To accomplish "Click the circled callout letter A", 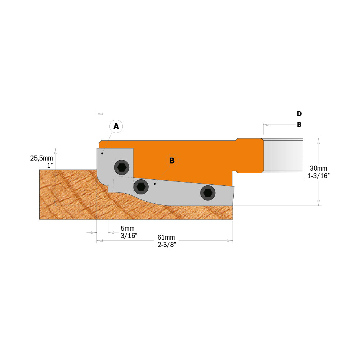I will [x=116, y=126].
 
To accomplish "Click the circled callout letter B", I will [x=172, y=161].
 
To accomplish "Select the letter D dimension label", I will [x=299, y=114].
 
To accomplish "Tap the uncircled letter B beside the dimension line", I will [x=299, y=125].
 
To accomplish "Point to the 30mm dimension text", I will [x=318, y=168].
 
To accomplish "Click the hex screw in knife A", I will [x=122, y=167].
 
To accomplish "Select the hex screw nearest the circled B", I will [x=140, y=186].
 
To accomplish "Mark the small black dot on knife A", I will [x=102, y=154].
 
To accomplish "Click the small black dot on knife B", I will [x=154, y=184].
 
